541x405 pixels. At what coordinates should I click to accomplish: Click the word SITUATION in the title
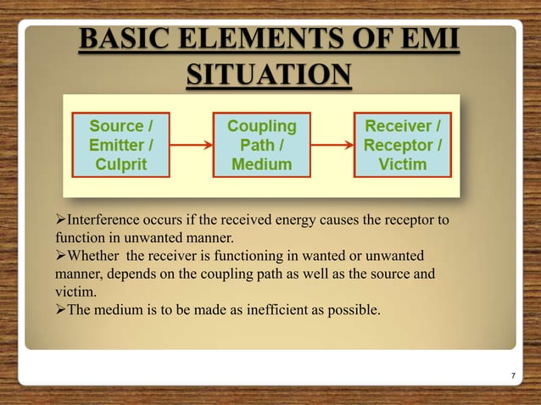267,75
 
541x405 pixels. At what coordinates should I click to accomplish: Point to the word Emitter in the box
114,145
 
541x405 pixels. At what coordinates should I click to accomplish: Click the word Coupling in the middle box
262,126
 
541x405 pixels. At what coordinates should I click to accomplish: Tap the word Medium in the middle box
262,164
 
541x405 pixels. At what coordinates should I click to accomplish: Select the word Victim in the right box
403,164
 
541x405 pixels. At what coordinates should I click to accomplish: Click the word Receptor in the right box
399,145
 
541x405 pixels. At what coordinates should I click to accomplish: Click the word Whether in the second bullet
95,255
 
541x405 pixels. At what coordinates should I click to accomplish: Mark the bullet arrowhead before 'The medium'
60,309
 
